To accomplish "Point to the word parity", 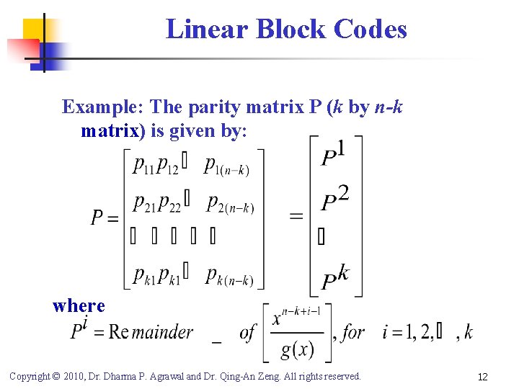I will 213,107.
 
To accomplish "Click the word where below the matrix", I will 79,305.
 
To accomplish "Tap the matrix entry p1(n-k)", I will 227,167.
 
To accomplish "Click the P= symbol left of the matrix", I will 105,217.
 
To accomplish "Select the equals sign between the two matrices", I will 296,216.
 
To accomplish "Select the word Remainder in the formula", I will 152,332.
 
